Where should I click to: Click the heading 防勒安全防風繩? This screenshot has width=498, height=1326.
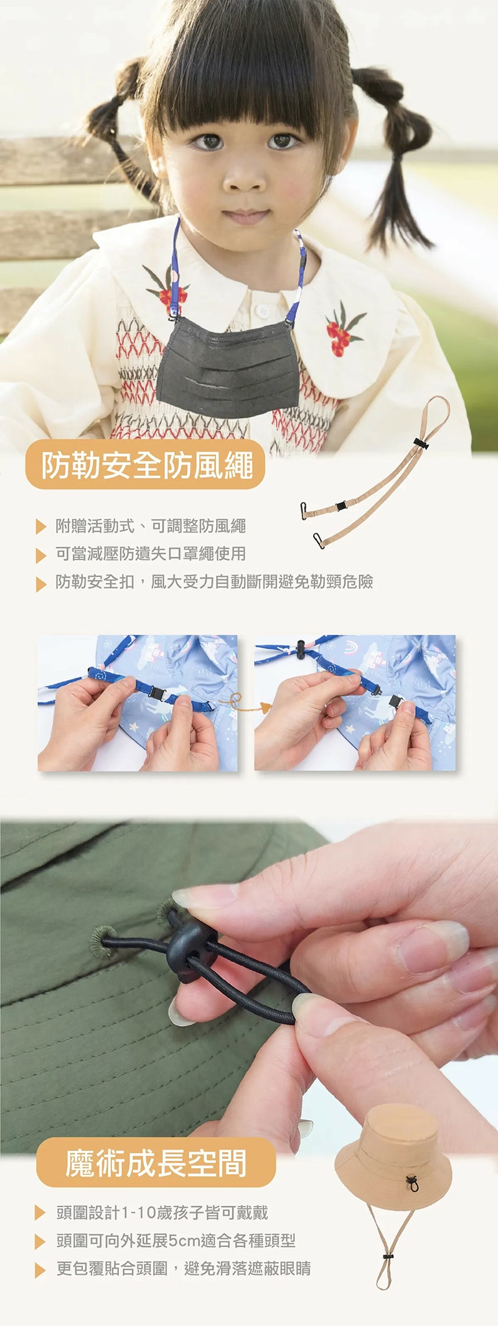tap(147, 465)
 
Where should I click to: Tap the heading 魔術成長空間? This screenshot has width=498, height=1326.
tap(156, 1162)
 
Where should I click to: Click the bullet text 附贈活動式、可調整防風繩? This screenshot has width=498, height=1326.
tap(151, 526)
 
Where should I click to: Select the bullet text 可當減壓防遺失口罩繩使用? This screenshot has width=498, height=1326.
tap(151, 554)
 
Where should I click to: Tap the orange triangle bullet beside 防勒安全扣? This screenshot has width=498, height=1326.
tap(41, 584)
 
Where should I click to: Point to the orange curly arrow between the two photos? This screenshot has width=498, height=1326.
tap(246, 703)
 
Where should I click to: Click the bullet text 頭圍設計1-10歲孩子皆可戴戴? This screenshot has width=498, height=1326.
tap(162, 1213)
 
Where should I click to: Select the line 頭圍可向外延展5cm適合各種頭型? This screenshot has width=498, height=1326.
tap(176, 1241)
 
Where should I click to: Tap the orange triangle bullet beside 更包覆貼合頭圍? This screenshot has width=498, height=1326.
tap(41, 1270)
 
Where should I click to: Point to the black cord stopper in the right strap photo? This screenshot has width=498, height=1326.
tap(302, 648)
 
